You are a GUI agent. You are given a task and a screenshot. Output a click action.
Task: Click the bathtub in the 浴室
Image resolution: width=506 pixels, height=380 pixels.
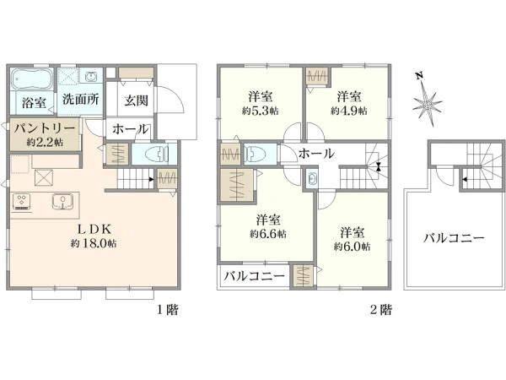tap(32, 82)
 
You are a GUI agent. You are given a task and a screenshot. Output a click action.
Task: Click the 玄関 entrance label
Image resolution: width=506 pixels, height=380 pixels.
tap(137, 99)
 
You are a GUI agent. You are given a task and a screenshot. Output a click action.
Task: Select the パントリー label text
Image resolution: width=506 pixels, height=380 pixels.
tap(46, 128)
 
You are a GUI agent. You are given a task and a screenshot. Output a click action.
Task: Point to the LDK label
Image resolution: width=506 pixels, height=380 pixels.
tap(94, 228)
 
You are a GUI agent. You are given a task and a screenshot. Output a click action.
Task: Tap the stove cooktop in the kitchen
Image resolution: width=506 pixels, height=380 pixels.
tap(22, 202)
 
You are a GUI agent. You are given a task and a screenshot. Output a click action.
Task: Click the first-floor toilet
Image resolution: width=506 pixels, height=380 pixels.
tap(158, 155)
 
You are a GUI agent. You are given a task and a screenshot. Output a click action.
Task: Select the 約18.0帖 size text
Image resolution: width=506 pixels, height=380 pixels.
tap(94, 243)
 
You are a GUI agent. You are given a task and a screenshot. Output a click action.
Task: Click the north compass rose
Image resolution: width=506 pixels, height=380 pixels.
tap(428, 102)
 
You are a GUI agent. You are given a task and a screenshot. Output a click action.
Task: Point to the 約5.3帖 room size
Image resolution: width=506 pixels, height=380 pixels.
tap(259, 110)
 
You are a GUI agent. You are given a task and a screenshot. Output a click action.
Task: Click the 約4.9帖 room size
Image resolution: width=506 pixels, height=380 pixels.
tap(348, 110)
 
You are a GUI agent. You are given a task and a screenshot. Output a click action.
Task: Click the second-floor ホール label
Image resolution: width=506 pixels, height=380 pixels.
tap(316, 154)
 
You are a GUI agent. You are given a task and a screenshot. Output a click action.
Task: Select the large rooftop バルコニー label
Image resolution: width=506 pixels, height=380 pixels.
tap(454, 238)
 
